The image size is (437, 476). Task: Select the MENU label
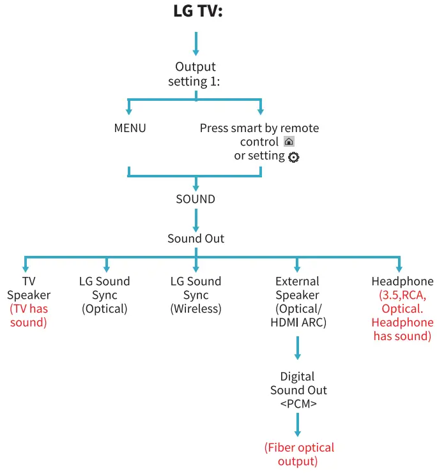pos(130,128)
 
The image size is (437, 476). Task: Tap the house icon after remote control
pos(289,142)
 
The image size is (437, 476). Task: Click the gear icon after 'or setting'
pos(293,157)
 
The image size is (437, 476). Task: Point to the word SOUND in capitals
pos(195,199)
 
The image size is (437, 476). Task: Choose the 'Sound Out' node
pos(195,239)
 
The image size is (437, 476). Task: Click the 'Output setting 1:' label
pos(195,74)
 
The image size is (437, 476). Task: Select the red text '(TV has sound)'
pos(28,316)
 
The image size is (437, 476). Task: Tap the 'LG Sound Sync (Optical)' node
pos(105,295)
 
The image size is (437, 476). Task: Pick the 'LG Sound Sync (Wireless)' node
pos(195,295)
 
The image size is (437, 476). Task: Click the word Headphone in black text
pos(402,281)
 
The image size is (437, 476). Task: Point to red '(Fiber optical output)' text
pos(298,454)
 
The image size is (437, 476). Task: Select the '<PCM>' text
pos(298,405)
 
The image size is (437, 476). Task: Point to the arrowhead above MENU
pos(129,110)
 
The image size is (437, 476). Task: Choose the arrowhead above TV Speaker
pos(26,267)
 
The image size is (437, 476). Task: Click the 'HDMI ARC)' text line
pos(298,323)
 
